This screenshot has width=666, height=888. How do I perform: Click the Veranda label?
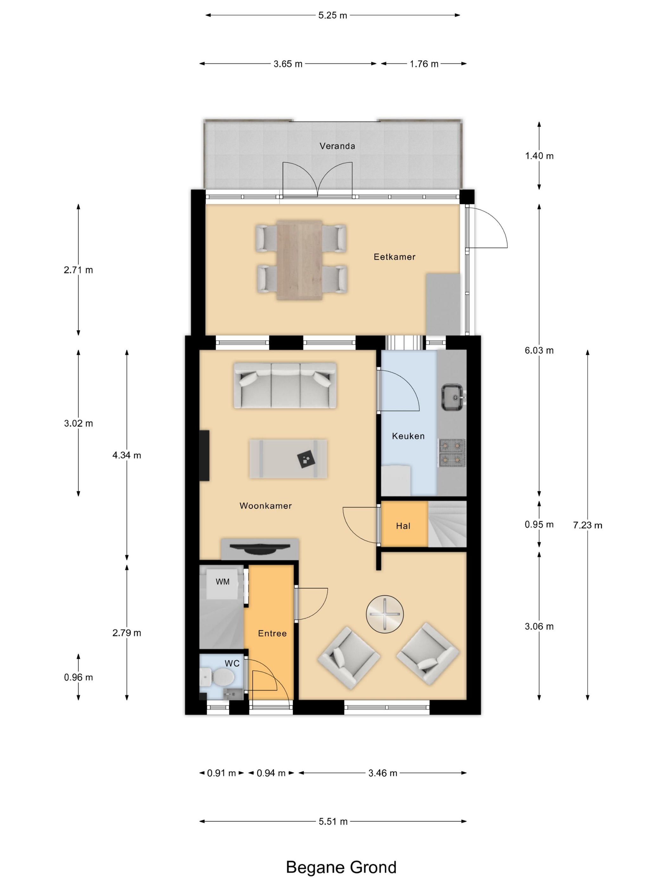click(x=337, y=146)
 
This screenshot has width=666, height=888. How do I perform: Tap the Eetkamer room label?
click(x=394, y=257)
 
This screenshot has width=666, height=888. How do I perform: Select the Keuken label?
click(x=408, y=436)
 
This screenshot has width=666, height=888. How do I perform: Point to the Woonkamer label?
click(x=265, y=506)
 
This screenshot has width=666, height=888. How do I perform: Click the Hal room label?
click(x=403, y=526)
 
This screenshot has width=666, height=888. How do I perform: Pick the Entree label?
click(x=272, y=633)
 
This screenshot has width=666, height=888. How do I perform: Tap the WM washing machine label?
click(x=222, y=582)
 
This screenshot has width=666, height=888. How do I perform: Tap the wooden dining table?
click(x=299, y=260)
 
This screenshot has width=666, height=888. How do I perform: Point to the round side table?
click(x=385, y=614)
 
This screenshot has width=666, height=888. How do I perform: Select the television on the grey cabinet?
click(x=260, y=548)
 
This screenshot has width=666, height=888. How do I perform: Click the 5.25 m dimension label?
click(x=332, y=15)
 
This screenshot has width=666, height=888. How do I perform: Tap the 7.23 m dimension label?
click(x=587, y=526)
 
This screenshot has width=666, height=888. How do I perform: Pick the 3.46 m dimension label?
click(x=382, y=773)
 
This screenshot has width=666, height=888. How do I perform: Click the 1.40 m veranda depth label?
click(x=539, y=156)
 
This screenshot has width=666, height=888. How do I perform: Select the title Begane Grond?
click(x=341, y=867)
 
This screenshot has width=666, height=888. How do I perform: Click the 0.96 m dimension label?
click(x=78, y=678)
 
